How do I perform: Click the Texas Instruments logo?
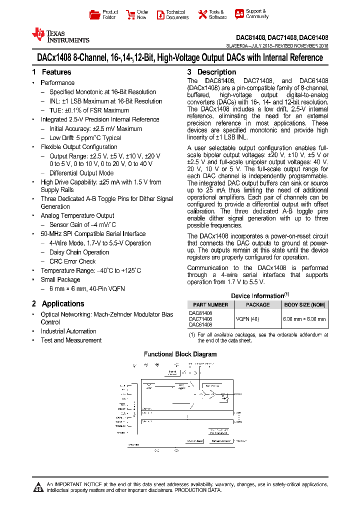tap(60, 35)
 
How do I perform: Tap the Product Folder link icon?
tap(94, 14)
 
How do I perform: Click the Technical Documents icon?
tap(160, 14)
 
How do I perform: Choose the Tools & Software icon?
tap(202, 14)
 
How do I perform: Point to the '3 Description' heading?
tap(211, 72)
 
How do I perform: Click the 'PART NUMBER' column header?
tap(210, 304)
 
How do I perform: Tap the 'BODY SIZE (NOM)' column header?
tap(304, 304)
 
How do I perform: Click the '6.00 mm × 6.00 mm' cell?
tap(304, 318)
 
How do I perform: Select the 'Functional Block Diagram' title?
tap(180, 354)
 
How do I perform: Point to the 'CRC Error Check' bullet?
tap(72, 261)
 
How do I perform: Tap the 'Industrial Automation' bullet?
tap(68, 331)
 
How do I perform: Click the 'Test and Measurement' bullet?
tap(71, 340)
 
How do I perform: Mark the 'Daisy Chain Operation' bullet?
tap(79, 252)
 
